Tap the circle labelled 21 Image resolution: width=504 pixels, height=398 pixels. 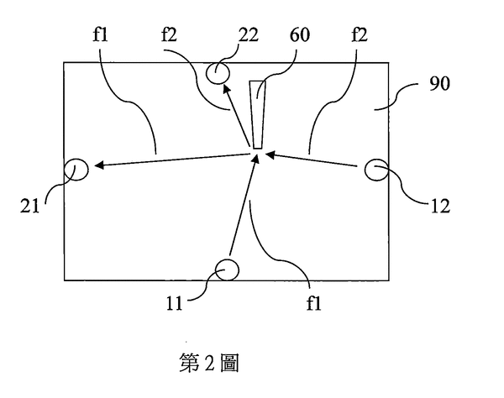click(x=76, y=170)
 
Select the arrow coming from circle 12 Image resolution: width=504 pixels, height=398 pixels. click(x=315, y=161)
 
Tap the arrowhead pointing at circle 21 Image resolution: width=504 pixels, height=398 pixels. click(x=99, y=166)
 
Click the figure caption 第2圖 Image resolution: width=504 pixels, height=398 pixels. click(x=209, y=363)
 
